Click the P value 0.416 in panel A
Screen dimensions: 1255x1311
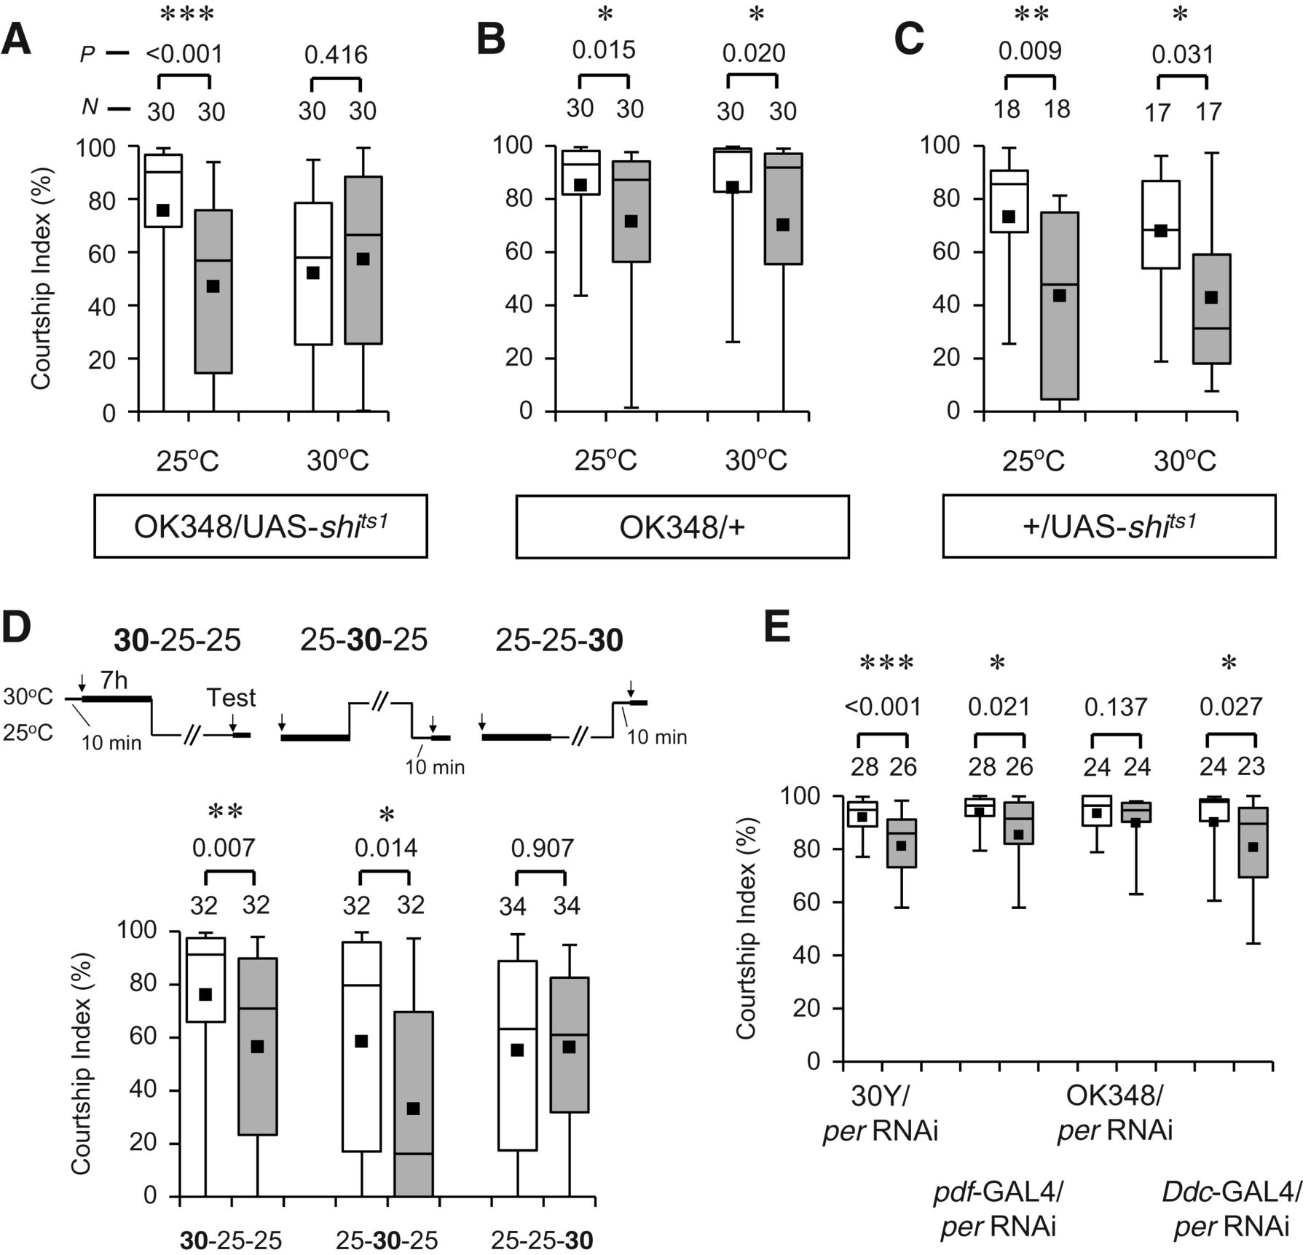[336, 55]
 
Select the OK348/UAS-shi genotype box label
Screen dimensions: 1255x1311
[260, 526]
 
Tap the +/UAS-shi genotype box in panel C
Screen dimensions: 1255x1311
[1109, 526]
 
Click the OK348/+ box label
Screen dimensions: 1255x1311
[682, 527]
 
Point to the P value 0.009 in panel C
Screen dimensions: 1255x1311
[1030, 52]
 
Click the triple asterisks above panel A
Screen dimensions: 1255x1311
[186, 15]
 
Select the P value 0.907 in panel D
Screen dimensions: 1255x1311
[543, 849]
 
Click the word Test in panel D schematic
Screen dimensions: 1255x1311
[231, 698]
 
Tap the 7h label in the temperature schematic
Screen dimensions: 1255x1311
[114, 681]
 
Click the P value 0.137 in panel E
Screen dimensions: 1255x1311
[1115, 707]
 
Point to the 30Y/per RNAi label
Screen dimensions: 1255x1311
[881, 1113]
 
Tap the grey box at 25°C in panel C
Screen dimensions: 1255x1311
[1060, 306]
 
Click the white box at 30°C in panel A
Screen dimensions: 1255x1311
[313, 274]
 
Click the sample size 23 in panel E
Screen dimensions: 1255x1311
[1251, 766]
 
